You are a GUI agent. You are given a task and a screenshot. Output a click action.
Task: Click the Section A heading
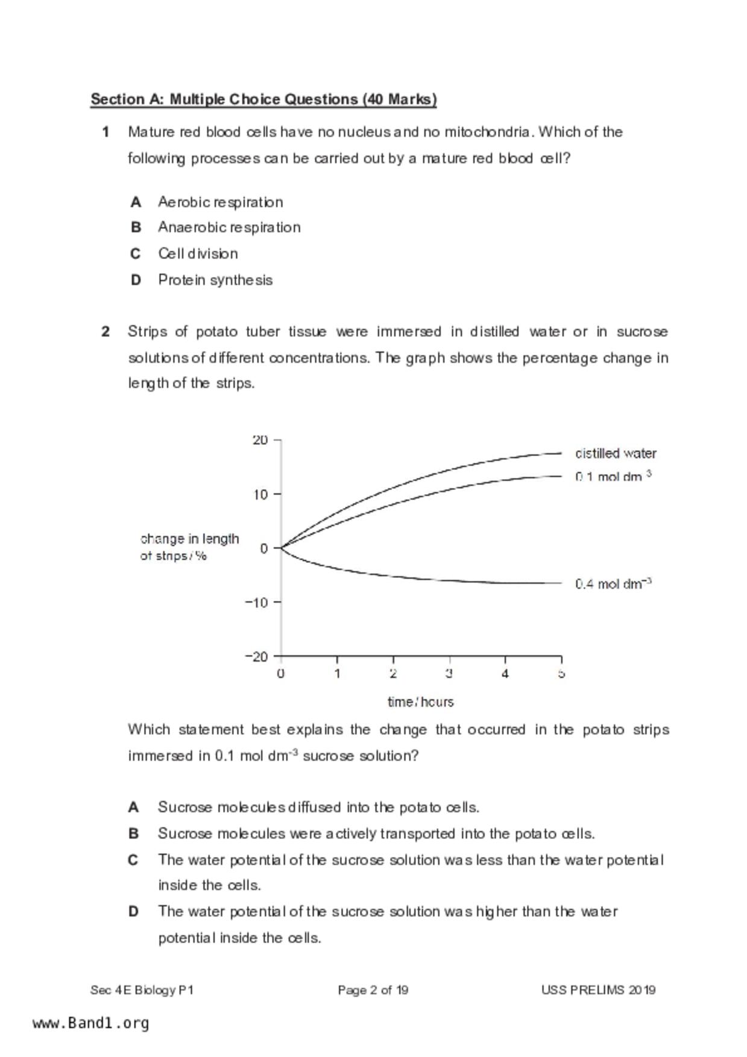[x=263, y=99]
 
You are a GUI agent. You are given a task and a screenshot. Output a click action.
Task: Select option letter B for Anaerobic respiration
[x=136, y=227]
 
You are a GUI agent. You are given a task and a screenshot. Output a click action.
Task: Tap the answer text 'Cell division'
[x=198, y=254]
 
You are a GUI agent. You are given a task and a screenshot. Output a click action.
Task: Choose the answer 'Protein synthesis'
[x=215, y=280]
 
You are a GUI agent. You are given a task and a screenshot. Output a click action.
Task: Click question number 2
[x=106, y=331]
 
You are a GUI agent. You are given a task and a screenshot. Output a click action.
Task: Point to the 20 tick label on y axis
[x=260, y=440]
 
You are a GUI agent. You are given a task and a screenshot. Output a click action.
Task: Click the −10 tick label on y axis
[x=256, y=602]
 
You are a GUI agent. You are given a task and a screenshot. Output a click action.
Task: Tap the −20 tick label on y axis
[x=256, y=656]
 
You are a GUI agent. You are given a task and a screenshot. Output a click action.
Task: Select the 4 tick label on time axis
[x=505, y=674]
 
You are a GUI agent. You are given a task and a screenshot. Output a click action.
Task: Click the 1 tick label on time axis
[x=337, y=674]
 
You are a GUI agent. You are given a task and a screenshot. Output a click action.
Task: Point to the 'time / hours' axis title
[x=420, y=702]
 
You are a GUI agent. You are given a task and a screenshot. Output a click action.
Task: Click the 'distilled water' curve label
[x=616, y=453]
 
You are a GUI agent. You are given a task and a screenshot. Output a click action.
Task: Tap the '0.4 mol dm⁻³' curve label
[x=613, y=583]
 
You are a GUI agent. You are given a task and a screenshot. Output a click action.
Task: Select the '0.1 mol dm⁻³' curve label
[x=613, y=477]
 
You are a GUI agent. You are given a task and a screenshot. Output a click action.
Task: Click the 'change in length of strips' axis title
[x=189, y=547]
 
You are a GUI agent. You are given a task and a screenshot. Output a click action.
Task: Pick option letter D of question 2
[x=133, y=911]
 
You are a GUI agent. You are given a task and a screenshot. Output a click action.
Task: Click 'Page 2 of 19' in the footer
[x=373, y=990]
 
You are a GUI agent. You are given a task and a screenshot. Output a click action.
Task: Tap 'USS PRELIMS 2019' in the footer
[x=598, y=990]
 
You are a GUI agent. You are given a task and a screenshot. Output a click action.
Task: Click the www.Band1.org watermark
[x=90, y=1023]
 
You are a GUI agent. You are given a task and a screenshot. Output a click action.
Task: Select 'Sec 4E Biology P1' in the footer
[x=142, y=990]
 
